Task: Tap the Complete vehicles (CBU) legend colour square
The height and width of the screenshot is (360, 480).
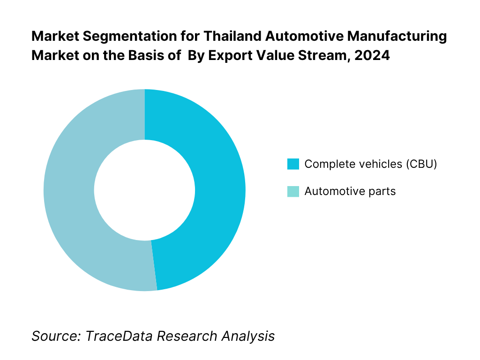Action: (293, 164)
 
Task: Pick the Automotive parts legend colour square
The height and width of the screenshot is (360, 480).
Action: (293, 191)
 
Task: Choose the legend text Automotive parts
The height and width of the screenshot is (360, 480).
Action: (350, 191)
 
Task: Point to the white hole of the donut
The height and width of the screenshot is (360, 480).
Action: (144, 190)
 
